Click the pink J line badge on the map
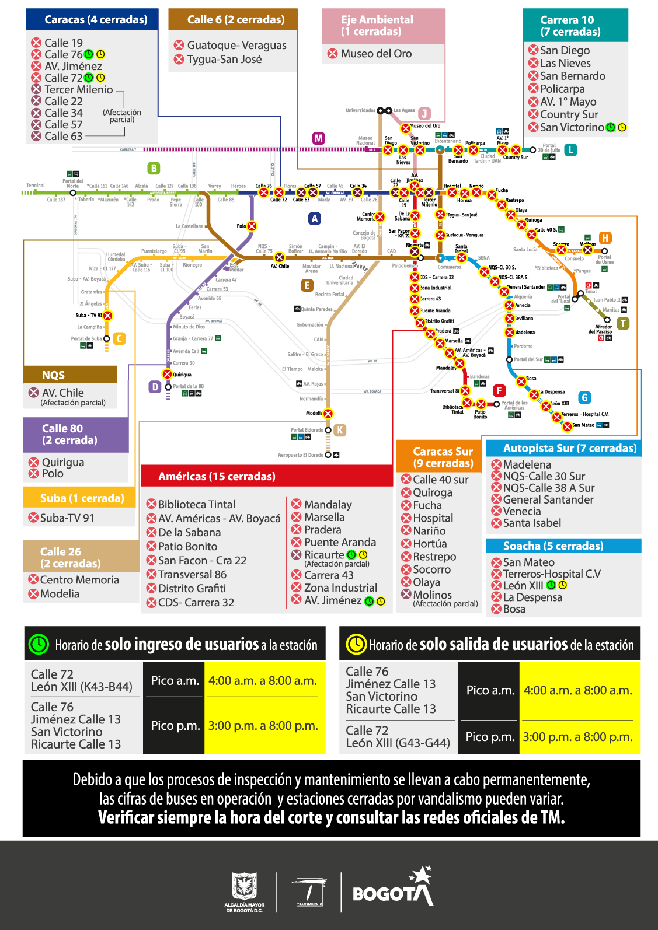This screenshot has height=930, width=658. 424,113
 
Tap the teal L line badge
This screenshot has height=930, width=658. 570,150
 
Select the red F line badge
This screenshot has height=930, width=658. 499,390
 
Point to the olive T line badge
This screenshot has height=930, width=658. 623,323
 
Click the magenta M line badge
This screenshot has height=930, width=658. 318,138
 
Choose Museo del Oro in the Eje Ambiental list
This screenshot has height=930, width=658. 376,54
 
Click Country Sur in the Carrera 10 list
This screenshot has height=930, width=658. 569,114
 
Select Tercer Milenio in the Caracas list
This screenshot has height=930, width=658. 78,89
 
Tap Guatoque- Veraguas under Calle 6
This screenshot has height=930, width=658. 236,45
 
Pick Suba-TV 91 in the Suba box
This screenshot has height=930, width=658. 67,518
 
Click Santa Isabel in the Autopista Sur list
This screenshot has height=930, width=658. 532,523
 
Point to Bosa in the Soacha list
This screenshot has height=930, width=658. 514,609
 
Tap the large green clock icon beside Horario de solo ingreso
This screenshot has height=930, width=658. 39,644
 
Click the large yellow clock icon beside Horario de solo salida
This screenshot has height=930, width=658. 356,644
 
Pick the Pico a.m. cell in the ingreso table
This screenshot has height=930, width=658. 175,680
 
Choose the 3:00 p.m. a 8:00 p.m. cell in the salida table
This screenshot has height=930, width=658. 577,737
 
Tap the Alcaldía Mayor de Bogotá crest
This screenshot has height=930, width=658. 245,888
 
